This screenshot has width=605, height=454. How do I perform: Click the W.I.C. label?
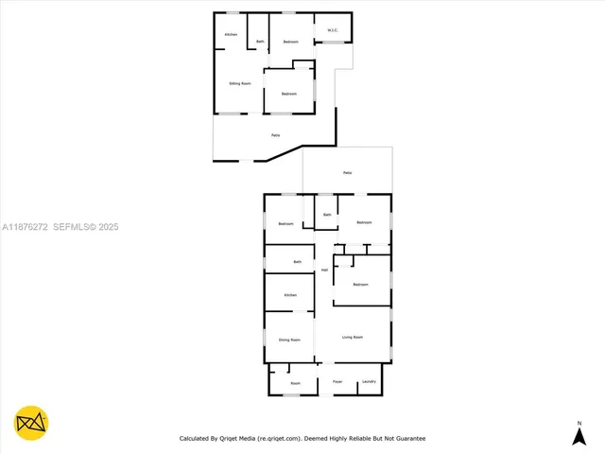pyautogui.click(x=333, y=30)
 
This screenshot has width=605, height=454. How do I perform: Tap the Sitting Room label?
pyautogui.click(x=239, y=83)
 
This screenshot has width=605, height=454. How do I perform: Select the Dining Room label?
pyautogui.click(x=289, y=340)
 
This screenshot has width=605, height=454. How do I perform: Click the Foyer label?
pyautogui.click(x=337, y=382)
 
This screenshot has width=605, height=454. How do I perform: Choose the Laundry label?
pyautogui.click(x=369, y=382)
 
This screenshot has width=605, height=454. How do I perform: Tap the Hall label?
pyautogui.click(x=324, y=271)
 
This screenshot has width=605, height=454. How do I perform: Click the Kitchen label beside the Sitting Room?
pyautogui.click(x=230, y=35)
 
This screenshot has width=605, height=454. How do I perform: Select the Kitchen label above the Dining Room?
pyautogui.click(x=290, y=295)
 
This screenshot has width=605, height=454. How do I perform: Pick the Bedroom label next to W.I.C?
pyautogui.click(x=290, y=42)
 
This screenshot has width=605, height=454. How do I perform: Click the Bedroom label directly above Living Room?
pyautogui.click(x=360, y=284)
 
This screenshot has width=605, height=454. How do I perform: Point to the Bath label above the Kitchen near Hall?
pyautogui.click(x=297, y=261)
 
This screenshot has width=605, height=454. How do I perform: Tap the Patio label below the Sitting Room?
pyautogui.click(x=275, y=136)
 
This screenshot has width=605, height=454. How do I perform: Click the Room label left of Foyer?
pyautogui.click(x=295, y=383)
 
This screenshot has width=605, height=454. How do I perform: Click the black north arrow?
pyautogui.click(x=579, y=436)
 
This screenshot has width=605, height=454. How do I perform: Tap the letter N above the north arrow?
pyautogui.click(x=579, y=422)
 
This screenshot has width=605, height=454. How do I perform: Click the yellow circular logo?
pyautogui.click(x=31, y=423)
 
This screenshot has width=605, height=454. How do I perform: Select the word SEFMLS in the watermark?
pyautogui.click(x=72, y=227)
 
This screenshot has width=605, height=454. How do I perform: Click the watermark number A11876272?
pyautogui.click(x=25, y=227)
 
